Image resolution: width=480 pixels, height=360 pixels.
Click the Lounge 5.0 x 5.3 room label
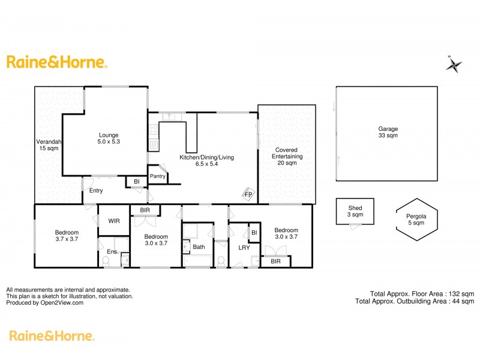109,139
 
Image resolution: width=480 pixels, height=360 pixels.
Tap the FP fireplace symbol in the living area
248,194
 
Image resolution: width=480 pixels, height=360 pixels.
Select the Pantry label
158,176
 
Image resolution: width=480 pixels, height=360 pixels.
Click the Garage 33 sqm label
388,132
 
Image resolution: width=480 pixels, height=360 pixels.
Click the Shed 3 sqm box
355,211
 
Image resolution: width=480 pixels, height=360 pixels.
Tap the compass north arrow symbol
454,64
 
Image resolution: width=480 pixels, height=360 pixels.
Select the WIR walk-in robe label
114,221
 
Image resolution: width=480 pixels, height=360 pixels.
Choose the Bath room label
199,247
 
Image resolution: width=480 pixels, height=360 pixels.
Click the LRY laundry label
244,247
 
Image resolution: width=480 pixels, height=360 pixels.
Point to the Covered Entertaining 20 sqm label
289,156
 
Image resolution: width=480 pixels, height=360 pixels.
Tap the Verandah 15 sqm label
48,145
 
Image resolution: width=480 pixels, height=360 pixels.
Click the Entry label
96,191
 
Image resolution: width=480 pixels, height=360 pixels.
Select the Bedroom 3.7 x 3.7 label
67,236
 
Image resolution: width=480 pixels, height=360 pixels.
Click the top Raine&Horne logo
56,62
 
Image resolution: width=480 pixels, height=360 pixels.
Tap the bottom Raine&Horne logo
51,336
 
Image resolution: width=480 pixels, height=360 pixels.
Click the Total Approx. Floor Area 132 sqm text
422,293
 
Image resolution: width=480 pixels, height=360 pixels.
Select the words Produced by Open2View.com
45,303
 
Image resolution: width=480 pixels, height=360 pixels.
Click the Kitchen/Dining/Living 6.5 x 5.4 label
207,161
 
